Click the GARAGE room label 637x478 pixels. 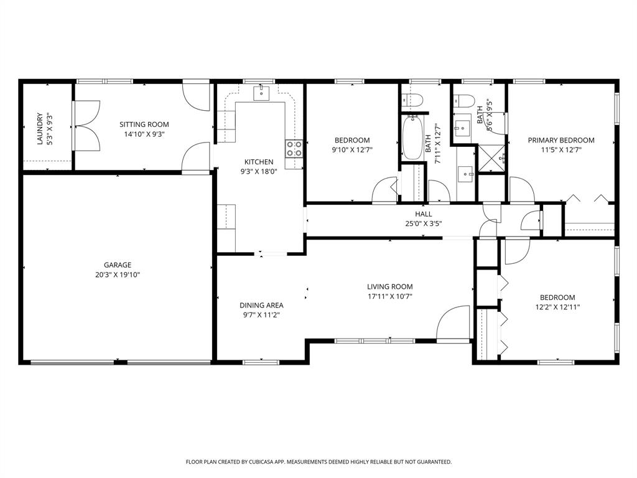(x=118, y=265)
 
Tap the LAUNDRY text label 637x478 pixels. (x=40, y=129)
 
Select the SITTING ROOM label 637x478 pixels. (x=144, y=124)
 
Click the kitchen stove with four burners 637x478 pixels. (x=294, y=148)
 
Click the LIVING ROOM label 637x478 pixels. (x=390, y=286)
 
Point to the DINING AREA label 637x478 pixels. (x=261, y=305)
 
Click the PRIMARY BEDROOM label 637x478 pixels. (x=561, y=140)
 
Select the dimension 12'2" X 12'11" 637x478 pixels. (x=557, y=307)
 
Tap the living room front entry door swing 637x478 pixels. (x=453, y=323)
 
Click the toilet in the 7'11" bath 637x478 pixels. (x=412, y=99)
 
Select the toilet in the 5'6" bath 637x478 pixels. (x=463, y=100)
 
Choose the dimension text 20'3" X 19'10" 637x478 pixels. (x=118, y=274)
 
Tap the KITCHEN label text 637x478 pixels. (x=259, y=162)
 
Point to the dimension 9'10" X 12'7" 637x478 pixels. (x=352, y=149)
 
